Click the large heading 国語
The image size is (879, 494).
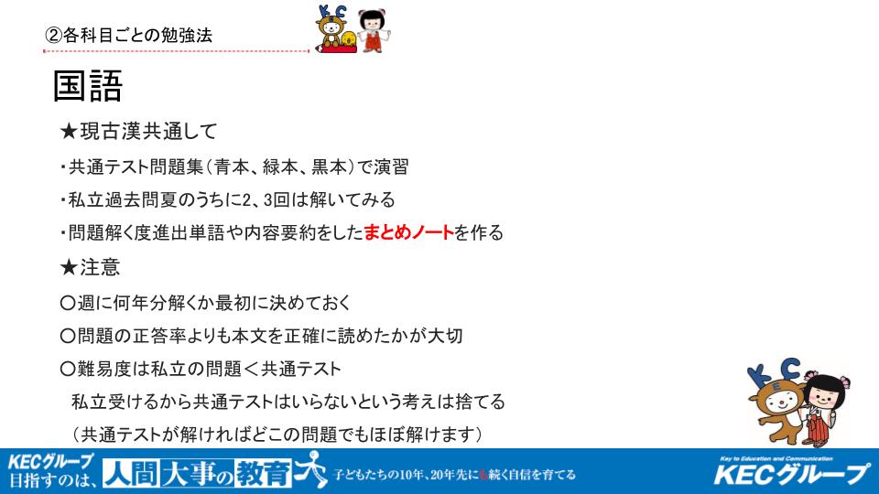pyautogui.click(x=88, y=86)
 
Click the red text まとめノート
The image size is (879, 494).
pyautogui.click(x=408, y=232)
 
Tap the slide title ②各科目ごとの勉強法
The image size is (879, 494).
pyautogui.click(x=128, y=36)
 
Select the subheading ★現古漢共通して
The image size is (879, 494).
pyautogui.click(x=138, y=132)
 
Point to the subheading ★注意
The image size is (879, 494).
pyautogui.click(x=90, y=267)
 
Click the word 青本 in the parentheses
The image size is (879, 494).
pyautogui.click(x=233, y=166)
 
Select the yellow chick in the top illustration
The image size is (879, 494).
pyautogui.click(x=348, y=39)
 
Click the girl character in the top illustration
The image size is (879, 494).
pyautogui.click(x=373, y=30)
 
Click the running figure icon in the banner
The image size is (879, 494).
pyautogui.click(x=312, y=469)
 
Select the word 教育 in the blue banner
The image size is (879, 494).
pyautogui.click(x=264, y=474)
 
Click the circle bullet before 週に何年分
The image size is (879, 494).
pyautogui.click(x=67, y=303)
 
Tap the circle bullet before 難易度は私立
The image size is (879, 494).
pyautogui.click(x=67, y=369)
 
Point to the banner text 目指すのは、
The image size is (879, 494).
pyautogui.click(x=53, y=480)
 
